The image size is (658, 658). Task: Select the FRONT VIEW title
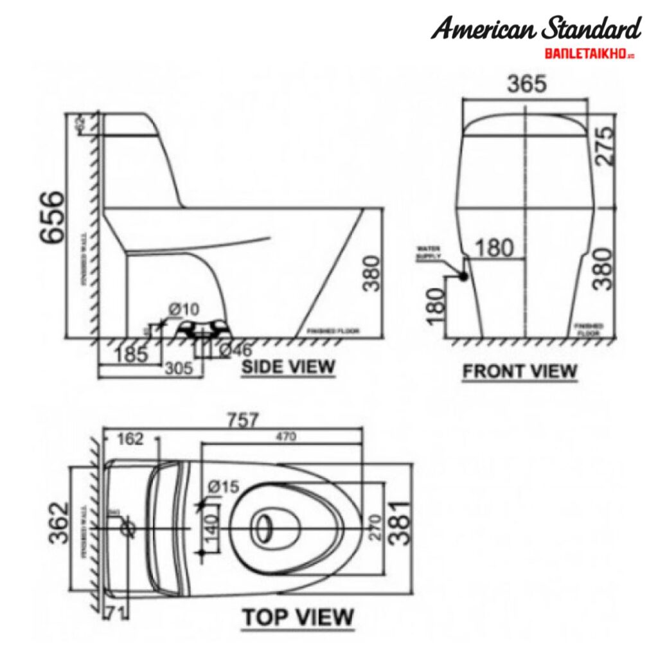[520, 371]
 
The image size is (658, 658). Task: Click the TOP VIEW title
[297, 617]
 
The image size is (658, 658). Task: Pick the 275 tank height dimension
[605, 147]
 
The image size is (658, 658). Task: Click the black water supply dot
[462, 276]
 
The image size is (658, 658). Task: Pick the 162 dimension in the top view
[130, 439]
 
